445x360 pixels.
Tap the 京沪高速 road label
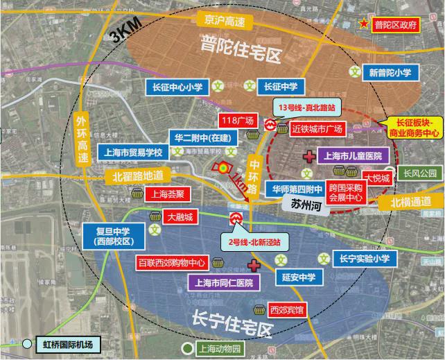click(221, 21)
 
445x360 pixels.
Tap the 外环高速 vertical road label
click(82, 139)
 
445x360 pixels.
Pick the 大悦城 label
click(378, 178)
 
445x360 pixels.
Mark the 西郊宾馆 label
click(288, 309)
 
